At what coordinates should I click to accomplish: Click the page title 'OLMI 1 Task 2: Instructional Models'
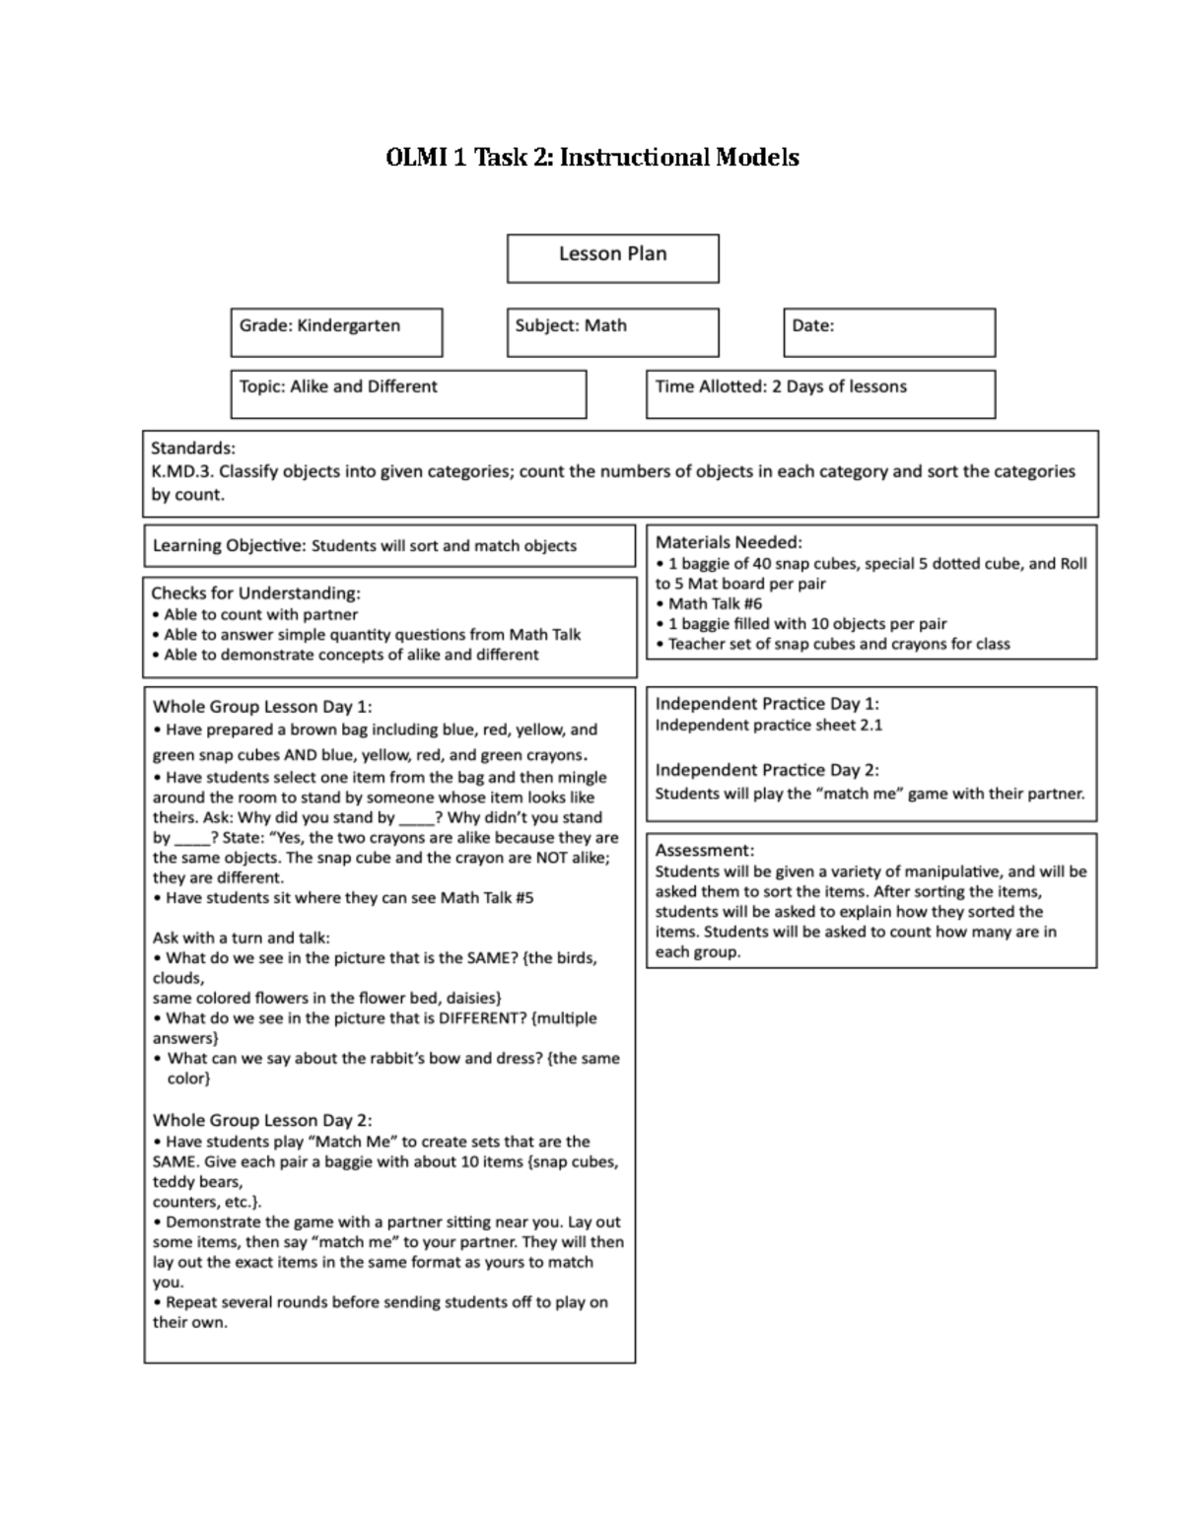pyautogui.click(x=591, y=158)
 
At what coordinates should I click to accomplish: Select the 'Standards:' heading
pyautogui.click(x=193, y=449)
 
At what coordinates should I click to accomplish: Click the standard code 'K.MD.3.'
pyautogui.click(x=181, y=471)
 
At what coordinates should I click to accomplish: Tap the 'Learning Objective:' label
pyautogui.click(x=229, y=545)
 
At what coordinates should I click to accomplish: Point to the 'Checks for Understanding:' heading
pyautogui.click(x=255, y=592)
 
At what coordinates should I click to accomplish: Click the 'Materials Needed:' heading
pyautogui.click(x=729, y=541)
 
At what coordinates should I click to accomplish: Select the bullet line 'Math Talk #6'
pyautogui.click(x=715, y=603)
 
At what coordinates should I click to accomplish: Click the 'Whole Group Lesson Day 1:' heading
pyautogui.click(x=262, y=706)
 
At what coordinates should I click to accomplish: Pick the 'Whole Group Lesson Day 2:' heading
pyautogui.click(x=262, y=1120)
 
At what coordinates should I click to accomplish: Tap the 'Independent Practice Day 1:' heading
pyautogui.click(x=767, y=703)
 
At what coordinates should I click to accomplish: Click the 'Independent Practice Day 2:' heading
pyautogui.click(x=767, y=770)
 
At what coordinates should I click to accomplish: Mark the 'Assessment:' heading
pyautogui.click(x=705, y=850)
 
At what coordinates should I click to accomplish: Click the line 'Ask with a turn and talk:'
pyautogui.click(x=242, y=938)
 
